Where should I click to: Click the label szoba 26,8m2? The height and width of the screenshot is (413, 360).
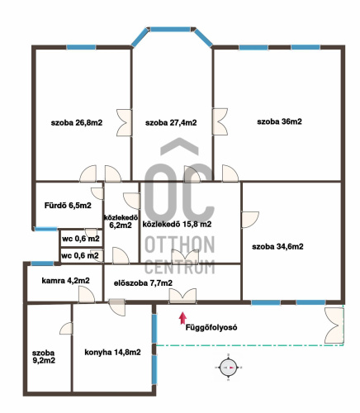(77, 123)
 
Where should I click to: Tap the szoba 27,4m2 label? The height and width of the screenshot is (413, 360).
(171, 123)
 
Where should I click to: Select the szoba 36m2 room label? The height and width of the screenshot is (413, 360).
(279, 121)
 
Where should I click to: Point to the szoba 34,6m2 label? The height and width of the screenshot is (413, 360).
(277, 246)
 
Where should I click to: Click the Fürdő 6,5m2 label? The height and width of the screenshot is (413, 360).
(68, 206)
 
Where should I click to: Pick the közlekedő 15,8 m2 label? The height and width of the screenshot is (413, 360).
(177, 225)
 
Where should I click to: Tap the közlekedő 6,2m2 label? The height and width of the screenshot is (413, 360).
(121, 221)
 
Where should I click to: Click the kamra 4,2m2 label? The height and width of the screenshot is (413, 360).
(65, 281)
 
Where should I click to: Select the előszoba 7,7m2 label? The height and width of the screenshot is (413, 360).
(143, 283)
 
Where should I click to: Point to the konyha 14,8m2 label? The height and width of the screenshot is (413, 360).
(112, 353)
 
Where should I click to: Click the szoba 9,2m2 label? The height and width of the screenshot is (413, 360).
(44, 357)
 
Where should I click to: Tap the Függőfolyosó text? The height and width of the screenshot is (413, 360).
(211, 328)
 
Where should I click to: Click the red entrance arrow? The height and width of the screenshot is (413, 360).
(182, 318)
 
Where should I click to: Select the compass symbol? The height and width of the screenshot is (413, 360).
(228, 368)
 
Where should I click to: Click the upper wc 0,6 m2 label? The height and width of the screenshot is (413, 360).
(81, 239)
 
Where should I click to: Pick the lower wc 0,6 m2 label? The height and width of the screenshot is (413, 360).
(80, 256)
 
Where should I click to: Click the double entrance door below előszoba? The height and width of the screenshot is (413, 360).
(182, 297)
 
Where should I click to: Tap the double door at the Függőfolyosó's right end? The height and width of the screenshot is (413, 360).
(334, 325)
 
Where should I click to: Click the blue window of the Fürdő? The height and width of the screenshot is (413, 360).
(45, 229)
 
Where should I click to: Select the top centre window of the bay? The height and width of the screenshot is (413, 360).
(171, 30)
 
